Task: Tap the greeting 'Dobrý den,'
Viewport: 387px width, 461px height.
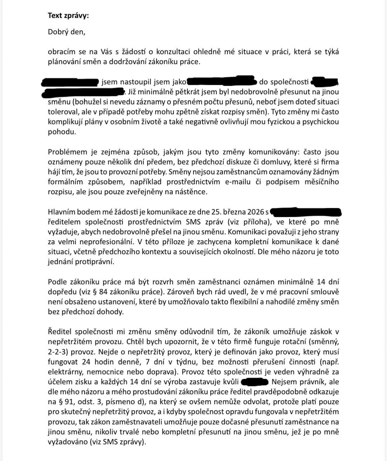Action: tap(67, 32)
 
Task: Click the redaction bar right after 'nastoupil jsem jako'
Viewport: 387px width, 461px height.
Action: tap(220, 81)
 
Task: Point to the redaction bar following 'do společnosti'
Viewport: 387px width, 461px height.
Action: tap(325, 81)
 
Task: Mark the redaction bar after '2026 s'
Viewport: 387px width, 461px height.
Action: tap(305, 212)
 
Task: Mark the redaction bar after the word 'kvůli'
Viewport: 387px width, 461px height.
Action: tap(255, 382)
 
